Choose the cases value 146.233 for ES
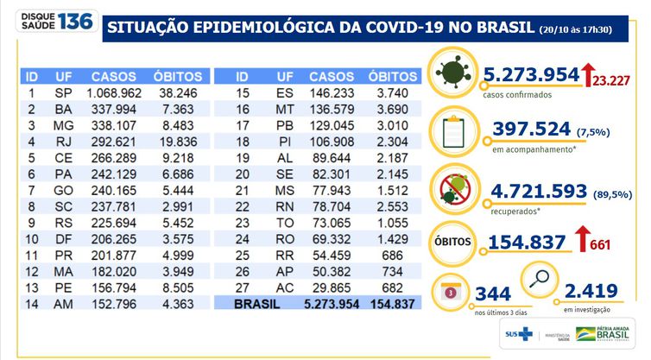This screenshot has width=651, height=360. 332,92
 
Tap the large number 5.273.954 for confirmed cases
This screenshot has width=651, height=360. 530,74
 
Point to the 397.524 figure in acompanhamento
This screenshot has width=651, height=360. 531,129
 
